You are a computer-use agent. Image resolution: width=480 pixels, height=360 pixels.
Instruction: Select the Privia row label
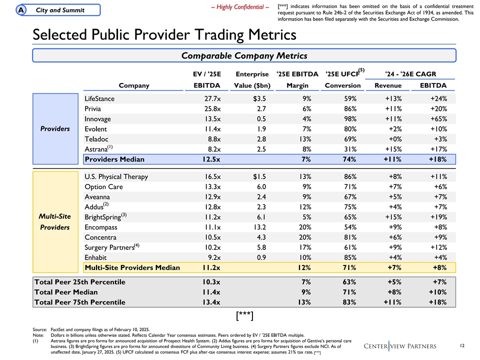93,108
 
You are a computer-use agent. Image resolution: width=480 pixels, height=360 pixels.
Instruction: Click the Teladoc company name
96,139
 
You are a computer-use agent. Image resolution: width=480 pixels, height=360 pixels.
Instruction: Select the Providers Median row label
114,159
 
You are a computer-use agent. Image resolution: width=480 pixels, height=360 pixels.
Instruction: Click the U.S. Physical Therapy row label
116,176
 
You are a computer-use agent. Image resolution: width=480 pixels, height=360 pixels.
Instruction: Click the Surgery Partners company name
109,247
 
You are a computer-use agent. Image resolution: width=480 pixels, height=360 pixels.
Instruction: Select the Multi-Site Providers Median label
132,267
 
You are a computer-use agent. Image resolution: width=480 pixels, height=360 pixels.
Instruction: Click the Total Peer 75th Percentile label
79,302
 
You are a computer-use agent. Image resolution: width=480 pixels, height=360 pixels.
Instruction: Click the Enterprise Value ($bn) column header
253,79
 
